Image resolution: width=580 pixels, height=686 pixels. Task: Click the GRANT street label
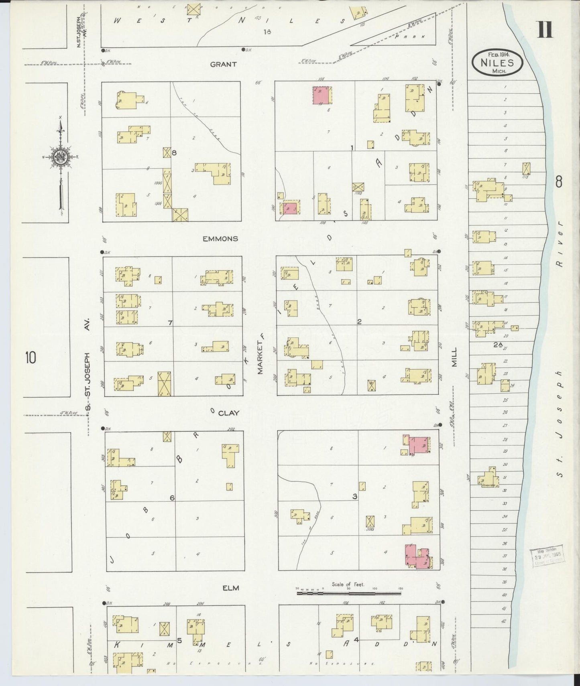223,64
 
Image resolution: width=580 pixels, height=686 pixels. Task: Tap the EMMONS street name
220,239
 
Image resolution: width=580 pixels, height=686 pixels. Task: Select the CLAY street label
229,413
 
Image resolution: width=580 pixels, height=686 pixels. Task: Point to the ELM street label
231,588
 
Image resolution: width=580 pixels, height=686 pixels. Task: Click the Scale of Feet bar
348,593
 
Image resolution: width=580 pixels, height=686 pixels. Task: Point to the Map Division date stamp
547,556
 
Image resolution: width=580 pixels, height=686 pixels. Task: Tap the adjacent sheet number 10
31,357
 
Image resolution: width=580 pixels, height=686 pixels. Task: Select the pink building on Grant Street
322,95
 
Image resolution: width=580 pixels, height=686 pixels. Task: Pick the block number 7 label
170,323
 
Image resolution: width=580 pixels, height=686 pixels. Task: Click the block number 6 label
172,498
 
